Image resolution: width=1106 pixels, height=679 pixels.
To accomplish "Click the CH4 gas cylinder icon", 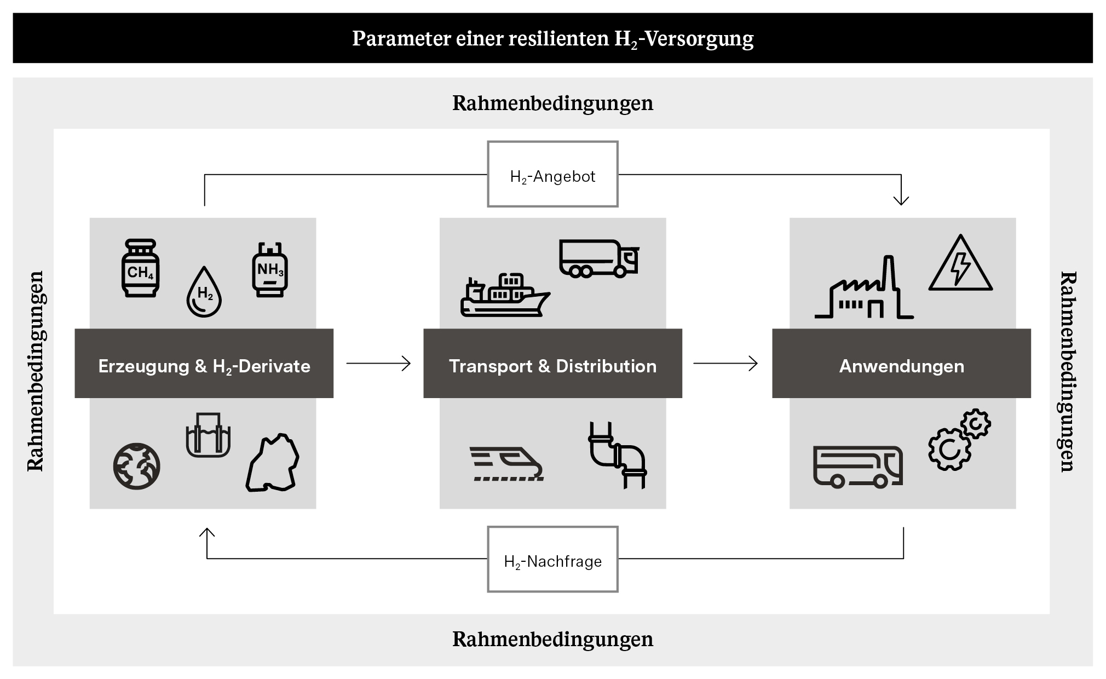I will [x=140, y=268].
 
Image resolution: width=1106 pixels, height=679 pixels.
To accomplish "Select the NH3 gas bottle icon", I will [x=269, y=269].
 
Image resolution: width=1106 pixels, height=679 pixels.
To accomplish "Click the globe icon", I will [x=136, y=466].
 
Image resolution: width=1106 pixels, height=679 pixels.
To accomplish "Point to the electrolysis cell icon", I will [x=208, y=435].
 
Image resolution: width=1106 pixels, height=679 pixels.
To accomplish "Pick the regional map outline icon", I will [x=273, y=463].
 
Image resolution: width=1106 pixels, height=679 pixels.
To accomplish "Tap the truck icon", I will [x=598, y=258].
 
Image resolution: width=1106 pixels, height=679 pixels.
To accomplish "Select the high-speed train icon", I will [x=506, y=464].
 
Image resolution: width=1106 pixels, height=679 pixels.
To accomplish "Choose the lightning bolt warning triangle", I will [x=960, y=264].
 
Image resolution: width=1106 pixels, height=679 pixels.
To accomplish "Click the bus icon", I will [x=857, y=467].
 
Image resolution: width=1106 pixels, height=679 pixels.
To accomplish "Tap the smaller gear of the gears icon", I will [x=976, y=423].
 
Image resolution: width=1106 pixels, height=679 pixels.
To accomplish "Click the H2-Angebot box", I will [x=552, y=175].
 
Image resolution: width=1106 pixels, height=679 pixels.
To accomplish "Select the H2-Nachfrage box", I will [x=552, y=560].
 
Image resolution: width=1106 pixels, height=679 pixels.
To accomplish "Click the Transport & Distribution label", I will [x=552, y=366].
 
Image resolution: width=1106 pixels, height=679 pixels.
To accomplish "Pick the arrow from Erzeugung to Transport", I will [x=378, y=363].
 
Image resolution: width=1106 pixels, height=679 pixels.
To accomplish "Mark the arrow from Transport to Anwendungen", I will [x=725, y=363].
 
